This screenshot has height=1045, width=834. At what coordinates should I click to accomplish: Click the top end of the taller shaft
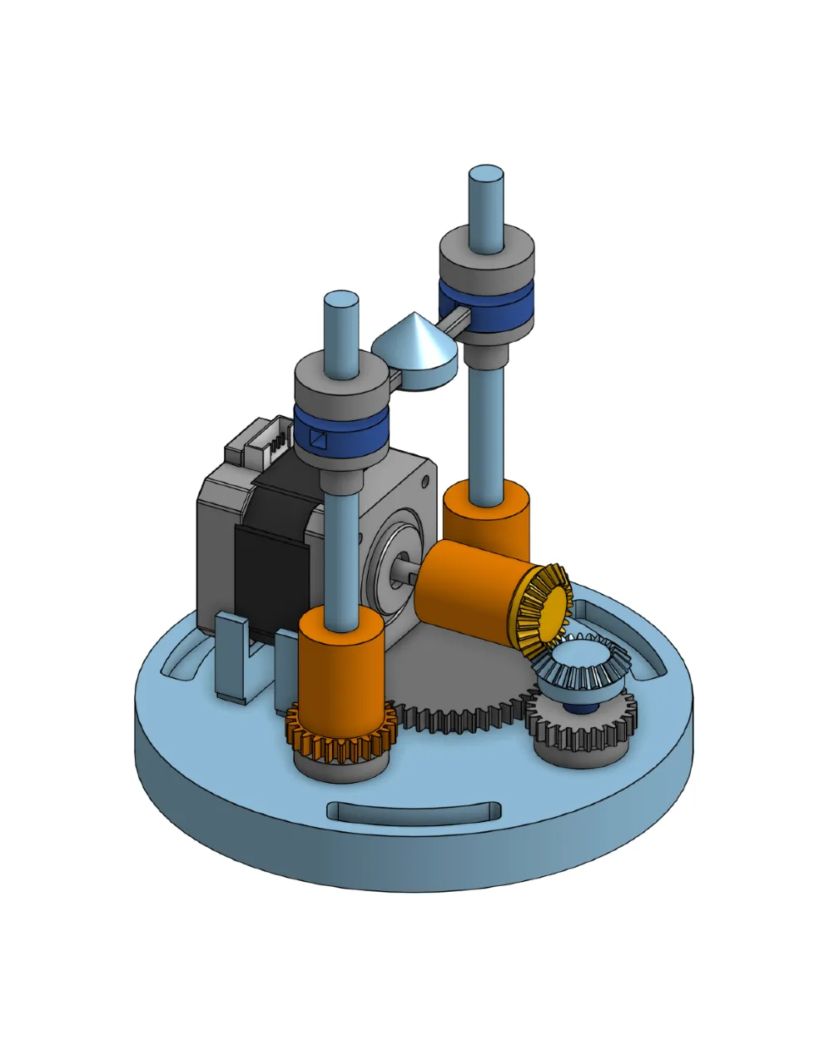[x=486, y=177]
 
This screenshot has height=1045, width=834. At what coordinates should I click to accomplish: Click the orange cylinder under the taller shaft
[x=487, y=520]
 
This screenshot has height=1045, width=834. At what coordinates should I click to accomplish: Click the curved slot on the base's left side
[x=185, y=657]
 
